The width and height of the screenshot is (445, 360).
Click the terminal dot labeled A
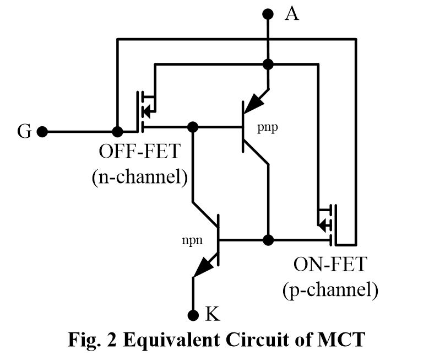(x=268, y=14)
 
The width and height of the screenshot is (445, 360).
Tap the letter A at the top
(x=291, y=14)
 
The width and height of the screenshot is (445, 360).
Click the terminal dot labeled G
(x=42, y=132)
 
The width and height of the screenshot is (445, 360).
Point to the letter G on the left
(x=24, y=132)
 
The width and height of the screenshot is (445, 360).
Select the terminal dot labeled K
(x=193, y=315)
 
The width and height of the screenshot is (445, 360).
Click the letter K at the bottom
(x=213, y=315)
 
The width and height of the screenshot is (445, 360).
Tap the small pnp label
(x=268, y=128)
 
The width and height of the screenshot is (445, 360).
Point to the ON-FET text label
(x=329, y=265)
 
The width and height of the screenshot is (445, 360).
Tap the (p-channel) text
(x=330, y=291)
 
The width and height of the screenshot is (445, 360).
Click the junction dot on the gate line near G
(x=117, y=132)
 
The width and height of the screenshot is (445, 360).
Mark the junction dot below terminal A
(x=268, y=65)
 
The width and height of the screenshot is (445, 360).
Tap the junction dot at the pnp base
(x=193, y=127)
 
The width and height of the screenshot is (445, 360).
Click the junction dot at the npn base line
(x=268, y=240)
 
